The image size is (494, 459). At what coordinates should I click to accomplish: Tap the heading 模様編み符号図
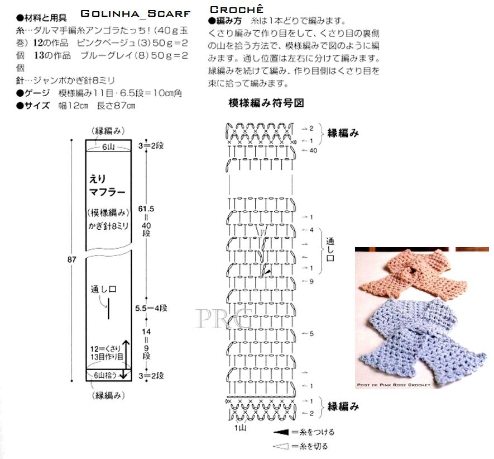[x=266, y=103]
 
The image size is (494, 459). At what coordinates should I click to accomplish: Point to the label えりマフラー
[x=107, y=186]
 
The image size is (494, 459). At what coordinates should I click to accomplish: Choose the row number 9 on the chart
[x=311, y=281]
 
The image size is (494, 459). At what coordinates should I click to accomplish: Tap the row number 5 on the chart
[x=311, y=334]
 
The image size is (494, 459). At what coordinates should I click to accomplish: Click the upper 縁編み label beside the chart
[x=343, y=133]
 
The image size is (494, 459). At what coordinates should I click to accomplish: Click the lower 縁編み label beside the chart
[x=343, y=406]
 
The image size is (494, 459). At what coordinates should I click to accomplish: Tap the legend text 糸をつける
[x=316, y=432]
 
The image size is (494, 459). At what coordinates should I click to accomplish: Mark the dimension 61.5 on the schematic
[x=147, y=208]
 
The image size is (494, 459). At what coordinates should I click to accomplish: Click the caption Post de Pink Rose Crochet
[x=394, y=385]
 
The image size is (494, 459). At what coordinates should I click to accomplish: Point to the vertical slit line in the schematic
[x=110, y=309]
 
